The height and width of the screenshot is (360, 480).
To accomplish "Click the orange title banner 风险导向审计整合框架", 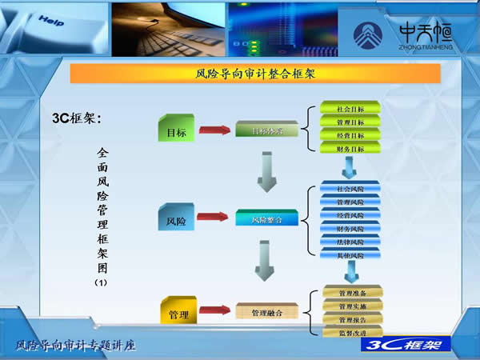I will pyautogui.click(x=255, y=74).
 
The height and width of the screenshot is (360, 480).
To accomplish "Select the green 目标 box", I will pyautogui.click(x=177, y=131).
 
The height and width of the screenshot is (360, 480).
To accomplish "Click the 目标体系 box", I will pyautogui.click(x=266, y=130).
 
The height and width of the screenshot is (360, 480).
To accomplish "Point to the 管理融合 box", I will pyautogui.click(x=266, y=312).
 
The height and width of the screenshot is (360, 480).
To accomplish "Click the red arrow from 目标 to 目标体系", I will pyautogui.click(x=214, y=130).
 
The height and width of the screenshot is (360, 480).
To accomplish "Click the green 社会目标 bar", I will pyautogui.click(x=350, y=107).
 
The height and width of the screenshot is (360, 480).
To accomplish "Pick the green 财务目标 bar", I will pyautogui.click(x=350, y=149).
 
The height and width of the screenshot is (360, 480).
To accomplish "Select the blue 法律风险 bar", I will pyautogui.click(x=350, y=242).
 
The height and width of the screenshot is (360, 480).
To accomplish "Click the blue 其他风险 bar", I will pyautogui.click(x=350, y=255).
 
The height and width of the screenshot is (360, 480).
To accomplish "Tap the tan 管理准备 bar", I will pyautogui.click(x=352, y=294).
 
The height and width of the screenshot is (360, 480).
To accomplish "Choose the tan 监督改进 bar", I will pyautogui.click(x=352, y=332).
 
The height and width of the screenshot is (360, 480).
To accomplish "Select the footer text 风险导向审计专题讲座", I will pyautogui.click(x=76, y=346).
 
